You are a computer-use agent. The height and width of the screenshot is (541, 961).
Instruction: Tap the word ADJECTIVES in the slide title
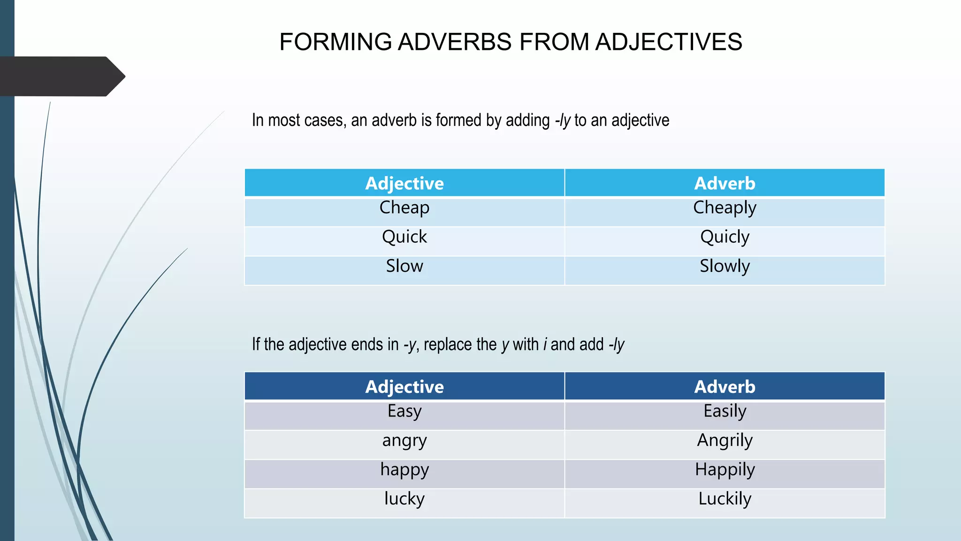pyautogui.click(x=669, y=42)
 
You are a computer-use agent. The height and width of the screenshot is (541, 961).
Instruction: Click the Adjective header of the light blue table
pyautogui.click(x=404, y=183)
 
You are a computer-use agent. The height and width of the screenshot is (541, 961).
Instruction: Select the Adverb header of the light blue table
pyautogui.click(x=725, y=183)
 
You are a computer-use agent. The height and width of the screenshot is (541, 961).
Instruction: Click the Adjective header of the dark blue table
pyautogui.click(x=404, y=386)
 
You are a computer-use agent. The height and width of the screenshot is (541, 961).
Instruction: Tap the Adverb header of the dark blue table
pyautogui.click(x=725, y=386)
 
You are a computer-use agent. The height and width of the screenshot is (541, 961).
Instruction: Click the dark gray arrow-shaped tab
pyautogui.click(x=61, y=77)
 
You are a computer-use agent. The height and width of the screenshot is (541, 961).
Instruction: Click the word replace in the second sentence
pyautogui.click(x=448, y=345)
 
